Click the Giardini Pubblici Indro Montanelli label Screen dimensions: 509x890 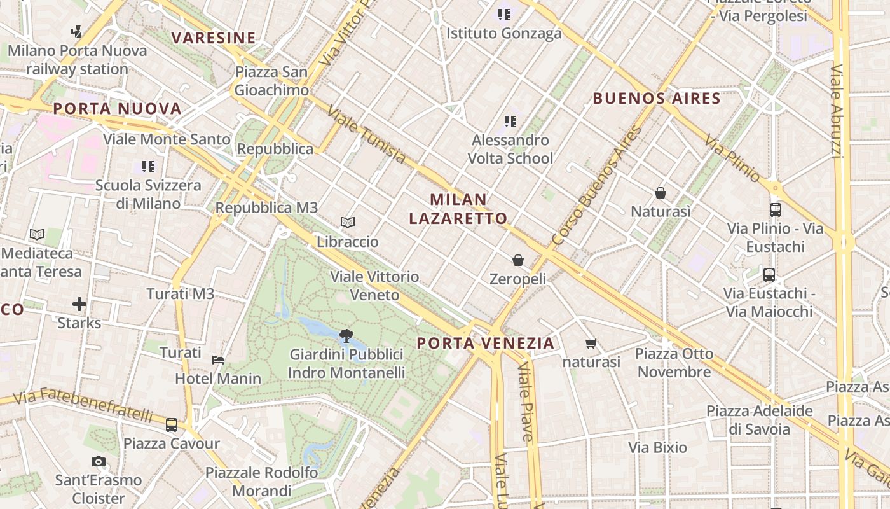(x=346, y=363)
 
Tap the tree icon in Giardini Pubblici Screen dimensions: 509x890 (x=346, y=335)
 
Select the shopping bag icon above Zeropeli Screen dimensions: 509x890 (x=518, y=260)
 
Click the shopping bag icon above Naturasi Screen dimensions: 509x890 (x=661, y=192)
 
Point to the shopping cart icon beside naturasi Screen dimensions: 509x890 (x=591, y=344)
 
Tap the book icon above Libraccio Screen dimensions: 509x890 (x=347, y=222)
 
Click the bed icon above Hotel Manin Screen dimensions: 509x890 (x=218, y=359)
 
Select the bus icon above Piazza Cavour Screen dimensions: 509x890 (x=172, y=424)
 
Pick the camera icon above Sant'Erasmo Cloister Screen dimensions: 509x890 (x=99, y=461)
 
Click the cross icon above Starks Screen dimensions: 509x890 (x=79, y=304)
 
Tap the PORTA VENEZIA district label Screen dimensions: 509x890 (x=486, y=344)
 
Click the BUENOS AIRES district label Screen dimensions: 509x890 (x=657, y=99)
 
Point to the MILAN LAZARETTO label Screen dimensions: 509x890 (x=458, y=209)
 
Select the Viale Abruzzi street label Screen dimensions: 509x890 (x=837, y=111)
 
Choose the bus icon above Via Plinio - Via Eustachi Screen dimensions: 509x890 (x=775, y=209)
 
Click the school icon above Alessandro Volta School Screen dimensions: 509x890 (x=510, y=121)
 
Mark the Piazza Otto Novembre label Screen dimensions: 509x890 (x=674, y=363)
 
